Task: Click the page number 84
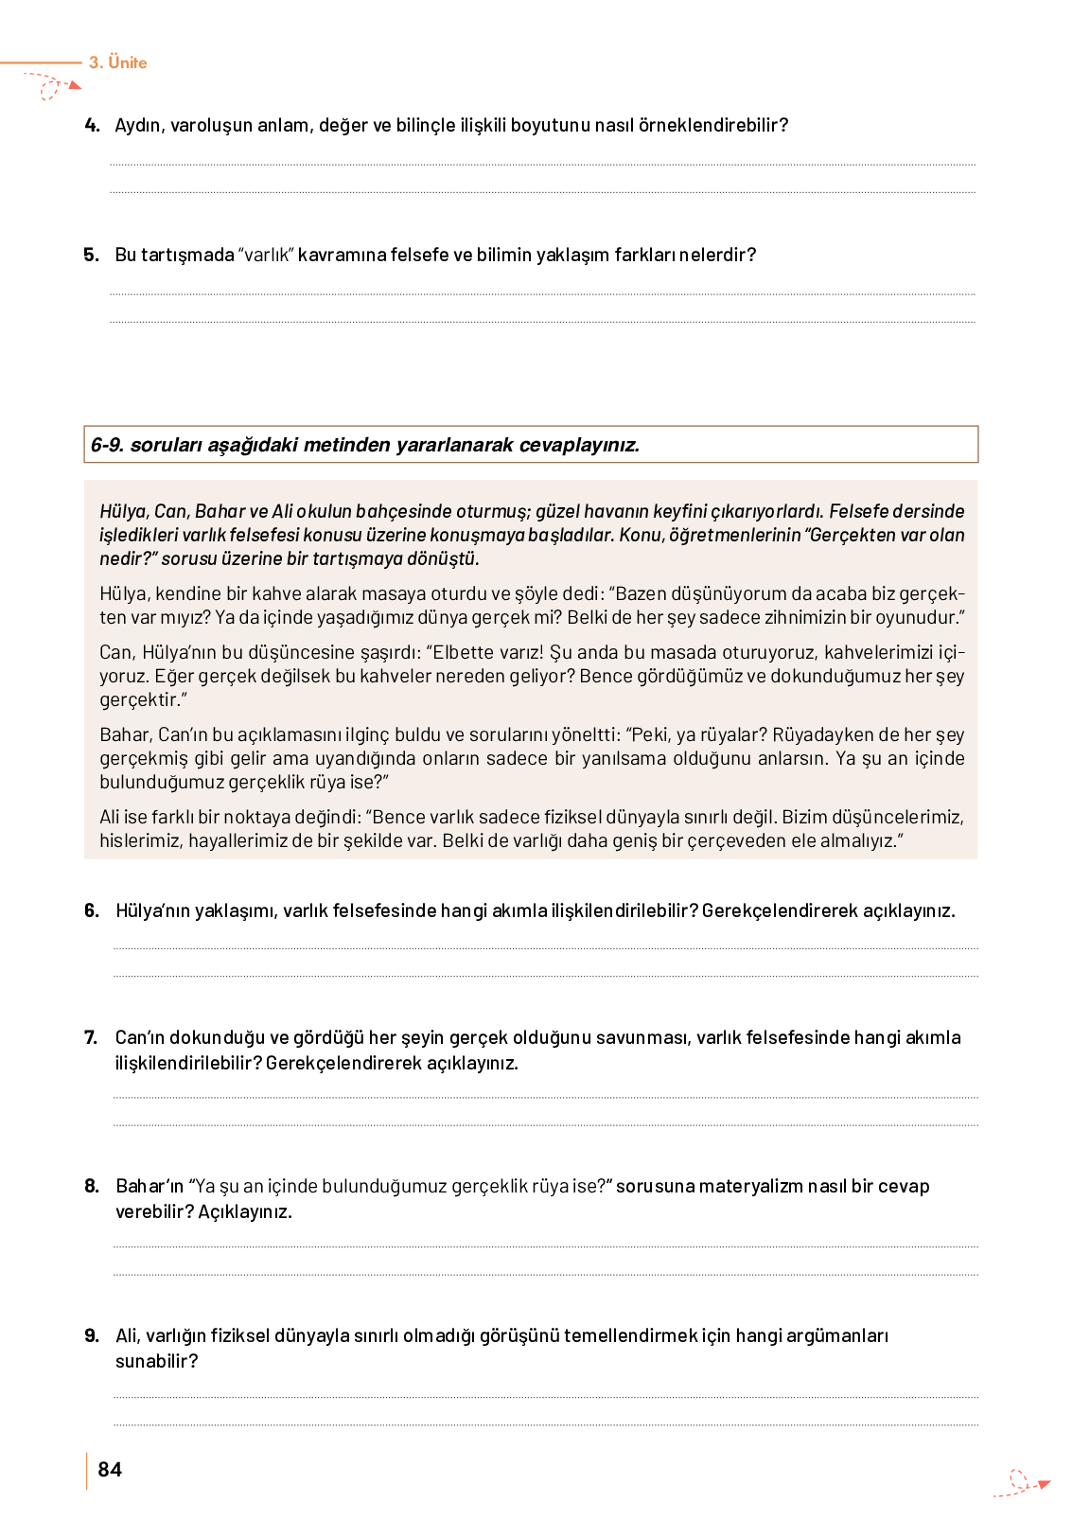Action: click(110, 1469)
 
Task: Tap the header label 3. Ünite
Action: click(118, 62)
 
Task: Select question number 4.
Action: click(92, 125)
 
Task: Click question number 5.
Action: click(91, 255)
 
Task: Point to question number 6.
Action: click(91, 910)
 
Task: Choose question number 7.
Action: click(91, 1037)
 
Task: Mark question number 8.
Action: click(91, 1186)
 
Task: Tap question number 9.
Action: click(91, 1335)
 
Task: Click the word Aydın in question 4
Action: click(138, 125)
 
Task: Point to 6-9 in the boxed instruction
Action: click(107, 445)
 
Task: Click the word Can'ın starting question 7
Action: click(139, 1037)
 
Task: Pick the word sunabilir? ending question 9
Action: click(157, 1361)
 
